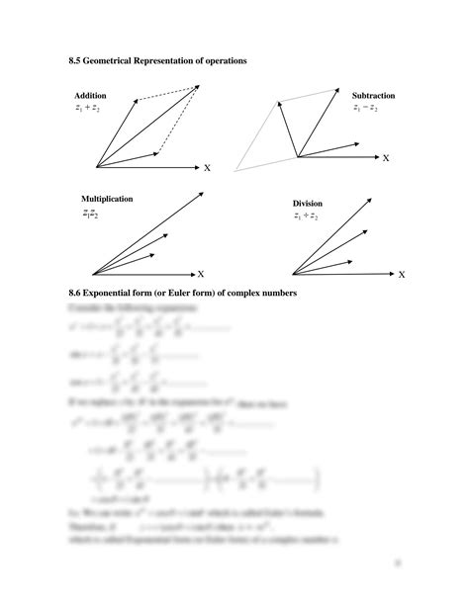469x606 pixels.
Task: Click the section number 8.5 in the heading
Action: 75,61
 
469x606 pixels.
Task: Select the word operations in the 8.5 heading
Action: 222,61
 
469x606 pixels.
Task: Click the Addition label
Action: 90,96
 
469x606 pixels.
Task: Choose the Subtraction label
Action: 373,96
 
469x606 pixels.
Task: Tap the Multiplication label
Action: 103,199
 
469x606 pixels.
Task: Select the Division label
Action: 308,204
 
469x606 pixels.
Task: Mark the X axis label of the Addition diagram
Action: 207,169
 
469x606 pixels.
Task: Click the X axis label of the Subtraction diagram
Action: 386,158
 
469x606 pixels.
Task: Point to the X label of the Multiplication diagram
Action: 200,273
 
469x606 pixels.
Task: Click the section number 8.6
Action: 75,294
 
